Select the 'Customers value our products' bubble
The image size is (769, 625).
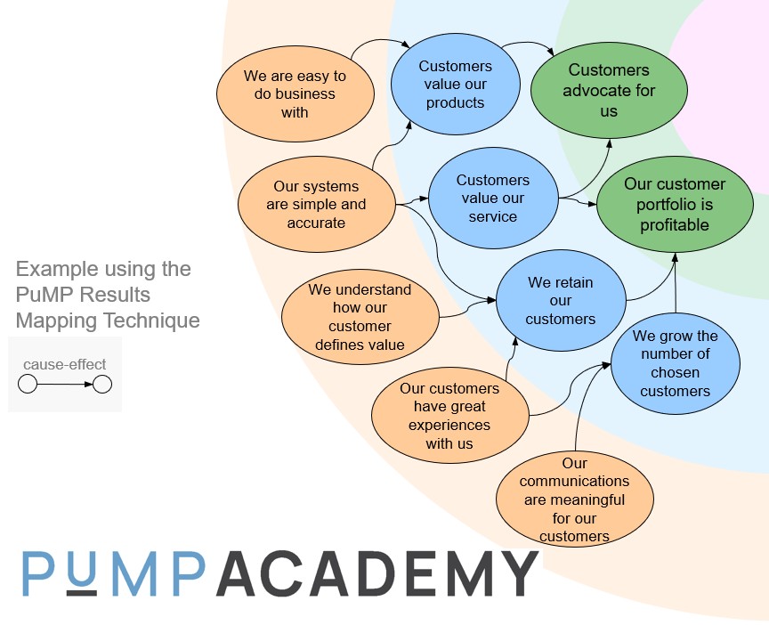pyautogui.click(x=455, y=85)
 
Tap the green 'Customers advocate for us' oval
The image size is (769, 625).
pyautogui.click(x=609, y=90)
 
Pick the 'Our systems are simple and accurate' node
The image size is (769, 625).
pyautogui.click(x=316, y=205)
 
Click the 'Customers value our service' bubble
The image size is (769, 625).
pyautogui.click(x=492, y=199)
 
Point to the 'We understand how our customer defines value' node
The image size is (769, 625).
pyautogui.click(x=360, y=317)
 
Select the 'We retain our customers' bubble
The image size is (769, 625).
pyautogui.click(x=560, y=301)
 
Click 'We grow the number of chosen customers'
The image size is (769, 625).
pyautogui.click(x=675, y=363)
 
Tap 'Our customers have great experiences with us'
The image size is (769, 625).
pyautogui.click(x=449, y=416)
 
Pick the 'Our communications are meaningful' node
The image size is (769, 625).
pyautogui.click(x=574, y=499)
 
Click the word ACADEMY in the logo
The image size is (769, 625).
pyautogui.click(x=377, y=574)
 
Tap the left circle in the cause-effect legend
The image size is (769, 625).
pyautogui.click(x=28, y=385)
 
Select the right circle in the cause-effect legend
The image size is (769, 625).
pyautogui.click(x=102, y=385)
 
